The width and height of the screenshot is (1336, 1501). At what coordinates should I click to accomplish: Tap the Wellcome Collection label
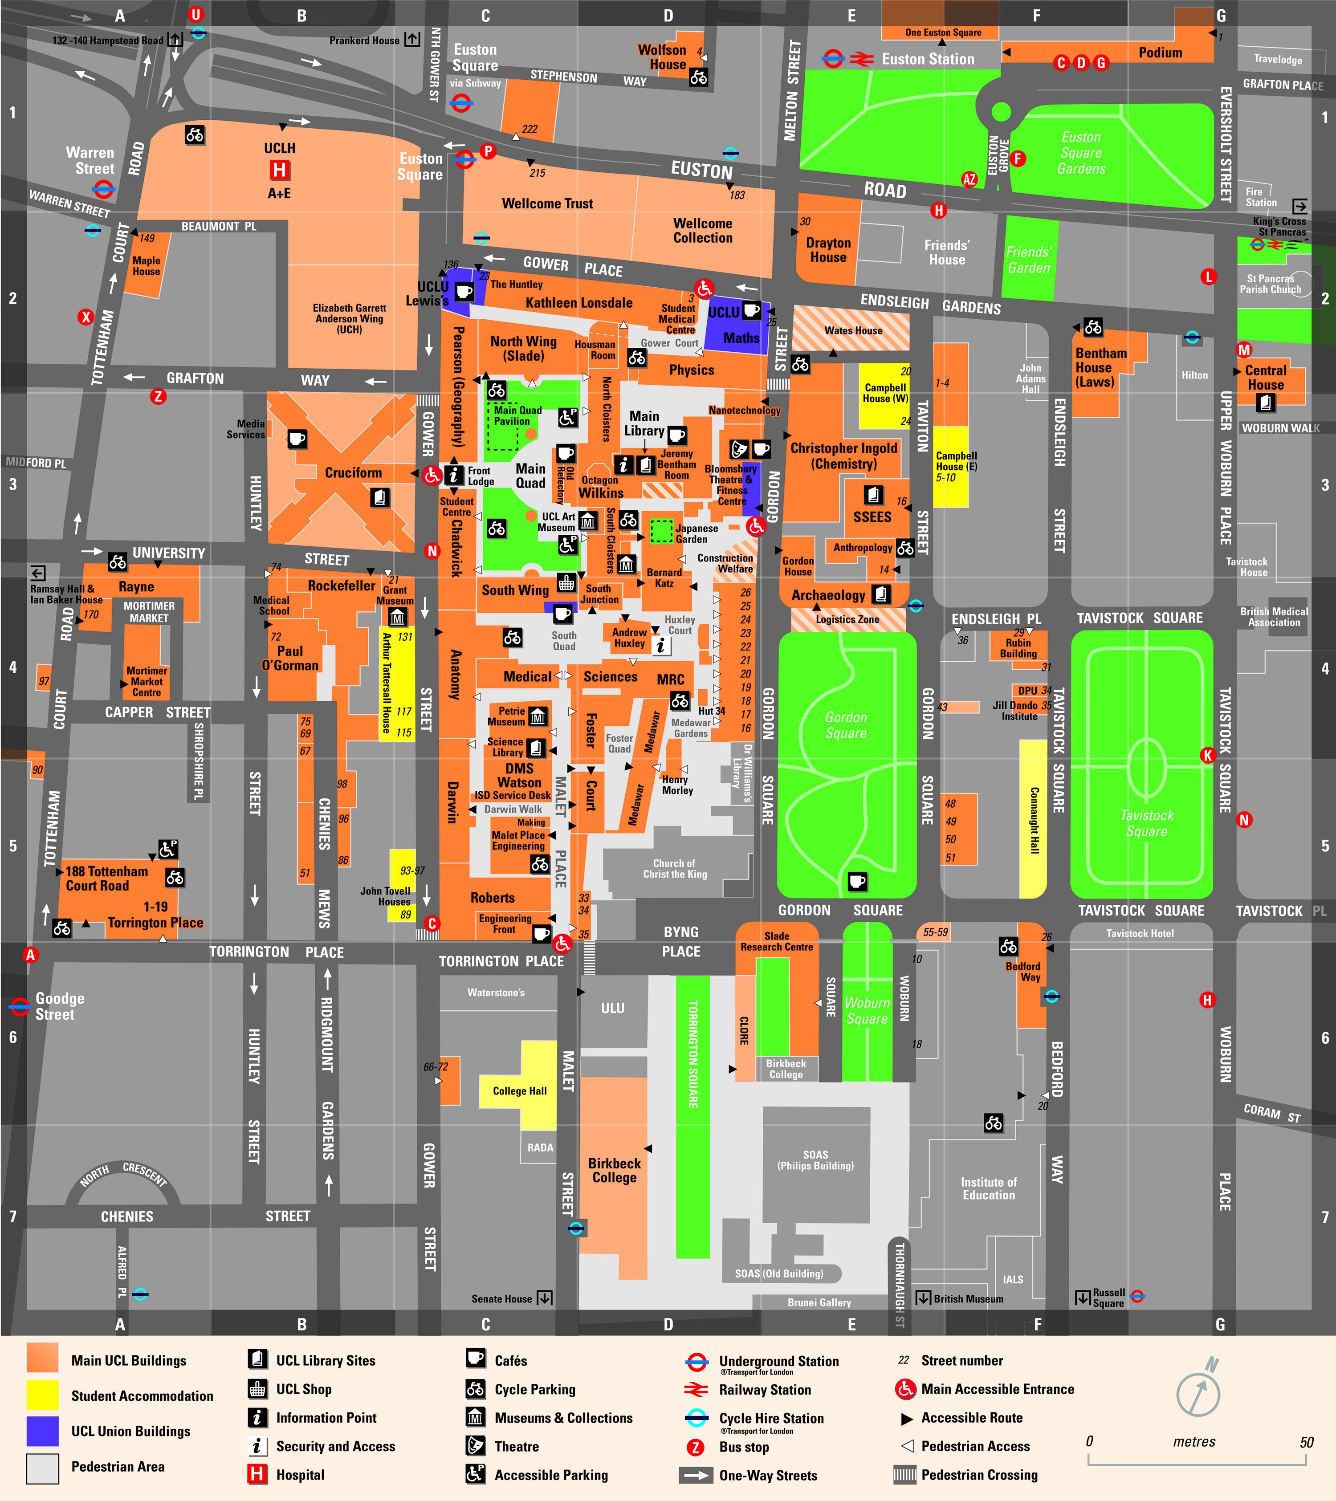702,231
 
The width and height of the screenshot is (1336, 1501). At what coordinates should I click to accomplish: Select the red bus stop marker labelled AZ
969,179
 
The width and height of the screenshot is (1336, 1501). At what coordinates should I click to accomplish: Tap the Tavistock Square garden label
1146,823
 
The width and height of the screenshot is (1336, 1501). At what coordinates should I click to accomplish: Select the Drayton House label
828,250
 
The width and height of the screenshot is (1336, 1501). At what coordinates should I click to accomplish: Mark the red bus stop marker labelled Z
158,397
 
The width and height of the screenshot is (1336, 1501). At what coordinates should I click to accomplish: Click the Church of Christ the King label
674,869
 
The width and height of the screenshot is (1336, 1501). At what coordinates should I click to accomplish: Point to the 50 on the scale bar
1306,1441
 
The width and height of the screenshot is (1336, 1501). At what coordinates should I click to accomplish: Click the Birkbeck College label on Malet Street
614,1170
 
